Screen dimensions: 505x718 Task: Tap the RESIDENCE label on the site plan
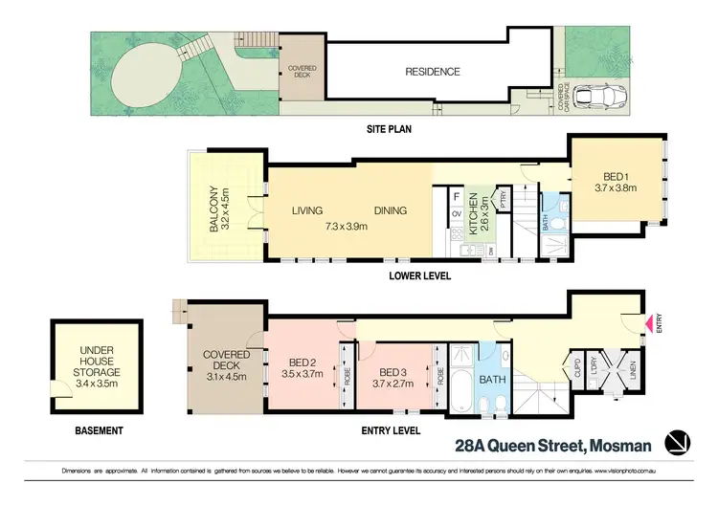pos(432,72)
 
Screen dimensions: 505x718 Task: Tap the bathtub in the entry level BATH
pos(461,392)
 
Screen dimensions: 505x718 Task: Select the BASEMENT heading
pos(99,431)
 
